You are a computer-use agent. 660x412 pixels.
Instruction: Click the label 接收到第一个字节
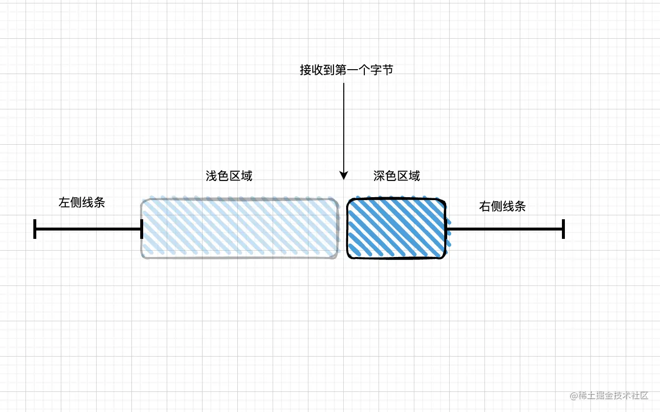(x=346, y=70)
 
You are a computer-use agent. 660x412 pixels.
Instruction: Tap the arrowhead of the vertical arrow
(x=344, y=175)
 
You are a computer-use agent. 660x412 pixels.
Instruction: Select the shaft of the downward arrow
(x=344, y=128)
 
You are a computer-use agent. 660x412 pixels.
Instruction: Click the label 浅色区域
(x=229, y=176)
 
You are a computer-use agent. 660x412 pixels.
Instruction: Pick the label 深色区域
(x=397, y=176)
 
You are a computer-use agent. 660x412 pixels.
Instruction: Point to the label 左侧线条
(x=82, y=203)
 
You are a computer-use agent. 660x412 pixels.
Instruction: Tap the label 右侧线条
(x=502, y=206)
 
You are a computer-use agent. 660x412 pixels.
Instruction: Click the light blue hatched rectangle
(x=240, y=228)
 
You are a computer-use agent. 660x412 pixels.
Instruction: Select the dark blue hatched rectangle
(x=397, y=228)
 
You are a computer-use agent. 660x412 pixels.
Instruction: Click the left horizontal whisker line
(x=88, y=229)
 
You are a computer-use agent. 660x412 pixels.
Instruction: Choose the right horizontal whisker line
(x=505, y=229)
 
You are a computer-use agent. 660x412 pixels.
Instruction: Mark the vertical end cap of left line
(x=35, y=229)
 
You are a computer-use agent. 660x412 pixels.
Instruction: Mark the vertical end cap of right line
(x=564, y=229)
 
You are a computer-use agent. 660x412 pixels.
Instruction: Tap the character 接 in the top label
(x=305, y=70)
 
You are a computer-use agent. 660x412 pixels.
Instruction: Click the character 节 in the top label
(x=387, y=70)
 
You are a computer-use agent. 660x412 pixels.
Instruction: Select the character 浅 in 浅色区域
(x=211, y=176)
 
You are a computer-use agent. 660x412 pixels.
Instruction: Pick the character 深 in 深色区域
(x=379, y=176)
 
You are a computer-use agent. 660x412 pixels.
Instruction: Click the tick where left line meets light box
(x=142, y=229)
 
